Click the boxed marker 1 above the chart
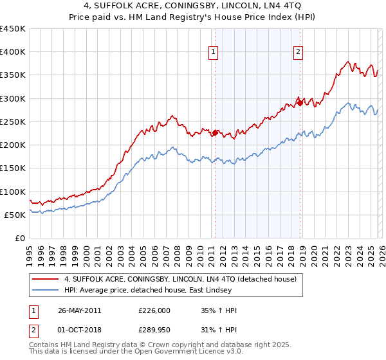(214, 53)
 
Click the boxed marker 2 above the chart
(299, 53)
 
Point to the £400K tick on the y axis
(13, 52)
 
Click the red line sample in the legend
(46, 279)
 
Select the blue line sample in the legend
(46, 290)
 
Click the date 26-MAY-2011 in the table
(79, 310)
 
